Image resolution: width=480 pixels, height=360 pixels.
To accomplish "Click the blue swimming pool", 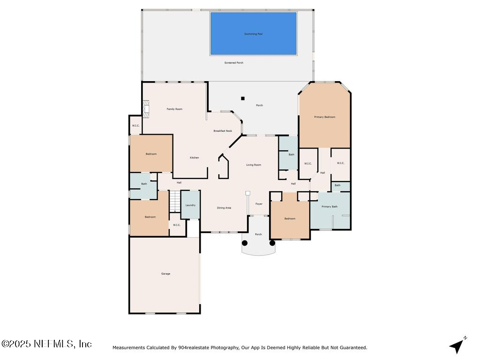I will [x=253, y=34].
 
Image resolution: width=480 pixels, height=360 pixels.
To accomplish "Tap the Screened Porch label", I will [x=233, y=63].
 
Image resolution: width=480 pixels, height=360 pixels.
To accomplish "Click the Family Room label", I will [x=174, y=109].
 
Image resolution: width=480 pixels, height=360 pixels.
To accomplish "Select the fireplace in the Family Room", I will [x=147, y=109].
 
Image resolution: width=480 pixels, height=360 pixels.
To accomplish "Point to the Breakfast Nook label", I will [x=223, y=131].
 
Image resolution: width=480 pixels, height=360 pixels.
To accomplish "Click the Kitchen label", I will [x=194, y=157].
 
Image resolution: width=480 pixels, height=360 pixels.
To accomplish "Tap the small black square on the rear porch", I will [x=243, y=98].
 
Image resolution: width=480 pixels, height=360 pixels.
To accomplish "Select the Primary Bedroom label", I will [x=324, y=117].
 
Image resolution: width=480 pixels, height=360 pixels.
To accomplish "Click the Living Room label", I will [x=254, y=165].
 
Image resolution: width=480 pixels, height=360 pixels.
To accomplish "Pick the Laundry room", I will [x=190, y=205].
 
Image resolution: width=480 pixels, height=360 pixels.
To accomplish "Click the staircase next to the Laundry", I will [x=174, y=202].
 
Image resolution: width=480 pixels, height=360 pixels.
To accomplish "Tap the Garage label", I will [x=165, y=274].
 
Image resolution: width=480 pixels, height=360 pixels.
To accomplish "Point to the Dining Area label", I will [x=224, y=208].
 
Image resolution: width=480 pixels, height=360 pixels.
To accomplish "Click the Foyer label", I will [x=259, y=204].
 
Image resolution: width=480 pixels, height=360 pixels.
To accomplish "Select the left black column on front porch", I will [x=245, y=243].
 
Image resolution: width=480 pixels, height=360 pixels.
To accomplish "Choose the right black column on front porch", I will [x=272, y=243].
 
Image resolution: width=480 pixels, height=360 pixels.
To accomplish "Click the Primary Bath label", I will [x=329, y=207].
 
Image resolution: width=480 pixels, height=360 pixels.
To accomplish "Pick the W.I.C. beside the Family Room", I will [x=135, y=126].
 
